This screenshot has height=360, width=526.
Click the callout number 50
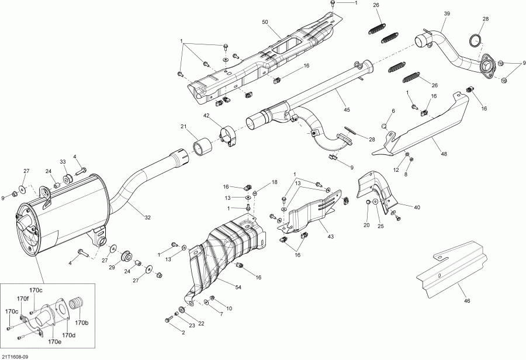[x=265, y=22]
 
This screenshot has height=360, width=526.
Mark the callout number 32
[x=147, y=217]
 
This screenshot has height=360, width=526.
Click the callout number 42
[x=207, y=116]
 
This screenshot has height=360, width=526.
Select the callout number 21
[x=183, y=127]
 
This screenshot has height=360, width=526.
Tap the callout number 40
[x=417, y=207]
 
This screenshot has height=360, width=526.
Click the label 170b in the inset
[x=82, y=323]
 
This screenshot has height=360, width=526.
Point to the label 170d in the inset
[x=69, y=335]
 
